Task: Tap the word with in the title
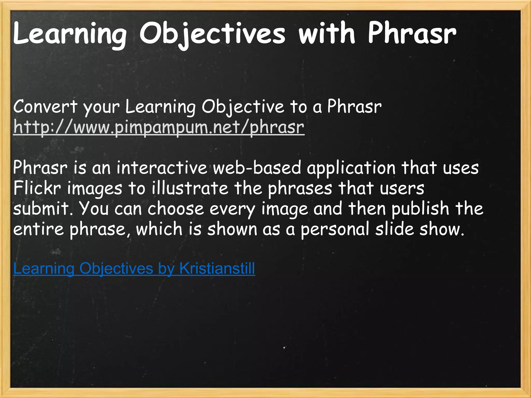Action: (x=327, y=34)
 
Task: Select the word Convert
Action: (x=45, y=106)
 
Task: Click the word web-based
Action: (x=257, y=168)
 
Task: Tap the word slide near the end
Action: (x=394, y=229)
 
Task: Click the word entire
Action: (x=38, y=229)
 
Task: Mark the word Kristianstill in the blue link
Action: (x=217, y=268)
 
